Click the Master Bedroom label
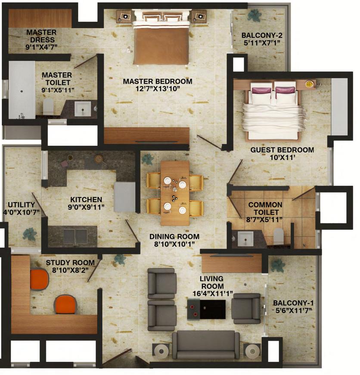pyautogui.click(x=158, y=81)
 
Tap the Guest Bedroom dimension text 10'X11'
pyautogui.click(x=282, y=158)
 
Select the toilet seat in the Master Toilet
pyautogui.click(x=48, y=106)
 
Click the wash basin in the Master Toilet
pyautogui.click(x=83, y=108)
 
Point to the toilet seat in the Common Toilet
pyautogui.click(x=278, y=236)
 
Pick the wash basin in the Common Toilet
pyautogui.click(x=245, y=238)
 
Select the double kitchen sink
pyautogui.click(x=75, y=236)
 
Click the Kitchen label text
pyautogui.click(x=86, y=200)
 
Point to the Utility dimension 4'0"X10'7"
pyautogui.click(x=22, y=212)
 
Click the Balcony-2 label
pyautogui.click(x=262, y=35)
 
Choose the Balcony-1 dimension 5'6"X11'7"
pyautogui.click(x=294, y=310)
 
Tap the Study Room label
pyautogui.click(x=70, y=262)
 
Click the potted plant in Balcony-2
pyautogui.click(x=254, y=16)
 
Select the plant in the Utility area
pyautogui.click(x=30, y=234)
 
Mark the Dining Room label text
pyautogui.click(x=174, y=237)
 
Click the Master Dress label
pyautogui.click(x=41, y=36)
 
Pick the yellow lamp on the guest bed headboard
pyautogui.click(x=309, y=84)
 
